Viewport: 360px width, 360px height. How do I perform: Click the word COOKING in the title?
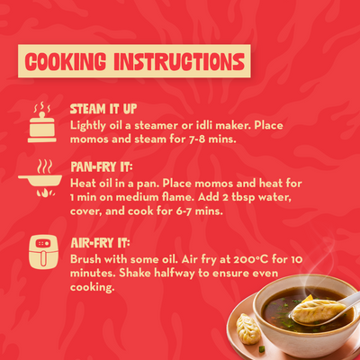[66, 62]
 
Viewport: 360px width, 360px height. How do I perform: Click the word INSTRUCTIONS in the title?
[179, 62]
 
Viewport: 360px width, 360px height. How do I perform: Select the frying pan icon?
[40, 178]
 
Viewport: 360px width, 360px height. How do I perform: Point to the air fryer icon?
[43, 252]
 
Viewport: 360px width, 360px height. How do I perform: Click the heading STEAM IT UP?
[103, 109]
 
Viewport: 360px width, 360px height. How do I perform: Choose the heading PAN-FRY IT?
[101, 166]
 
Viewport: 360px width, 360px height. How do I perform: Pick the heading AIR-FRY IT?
[100, 243]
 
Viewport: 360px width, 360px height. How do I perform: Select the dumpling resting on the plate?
[248, 328]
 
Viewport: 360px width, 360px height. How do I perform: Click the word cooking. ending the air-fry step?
[93, 288]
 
